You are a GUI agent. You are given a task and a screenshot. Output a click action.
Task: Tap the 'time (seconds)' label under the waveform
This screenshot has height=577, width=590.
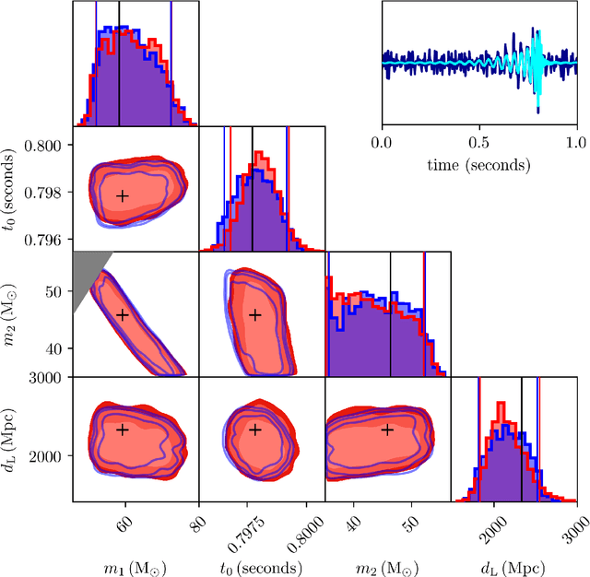[478, 165]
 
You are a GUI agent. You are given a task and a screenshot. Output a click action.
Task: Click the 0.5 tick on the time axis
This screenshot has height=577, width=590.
[478, 143]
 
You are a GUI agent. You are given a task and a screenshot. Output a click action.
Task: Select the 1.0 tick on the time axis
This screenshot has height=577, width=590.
[574, 143]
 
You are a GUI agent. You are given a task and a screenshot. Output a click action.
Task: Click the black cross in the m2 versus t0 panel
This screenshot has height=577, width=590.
[255, 315]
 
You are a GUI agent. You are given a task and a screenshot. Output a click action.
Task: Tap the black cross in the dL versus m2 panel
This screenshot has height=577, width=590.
[387, 430]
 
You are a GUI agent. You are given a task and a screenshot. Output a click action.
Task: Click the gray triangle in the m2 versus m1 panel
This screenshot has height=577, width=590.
[86, 272]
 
